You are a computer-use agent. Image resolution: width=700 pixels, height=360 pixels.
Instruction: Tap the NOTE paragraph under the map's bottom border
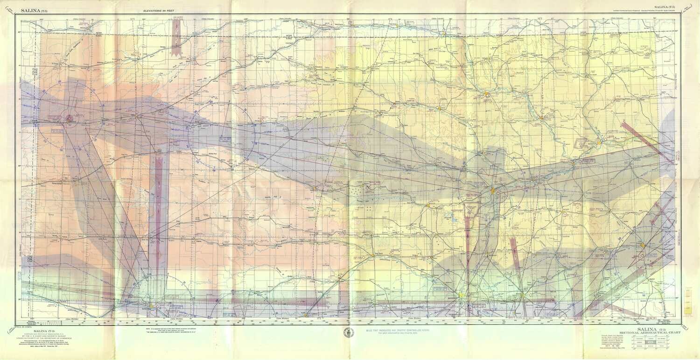click(178, 330)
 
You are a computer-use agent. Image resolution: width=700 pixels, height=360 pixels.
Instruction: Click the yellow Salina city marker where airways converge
click(492, 190)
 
